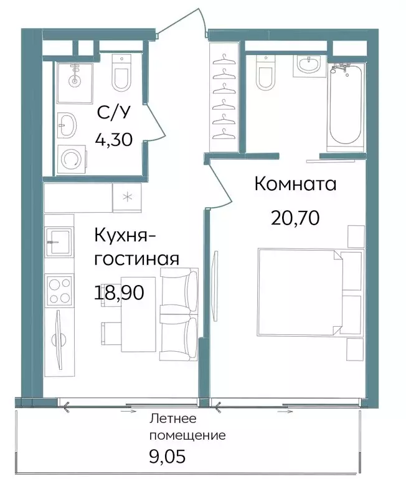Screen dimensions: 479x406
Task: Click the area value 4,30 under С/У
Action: pos(113,138)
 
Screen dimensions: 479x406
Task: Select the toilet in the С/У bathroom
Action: pos(121,72)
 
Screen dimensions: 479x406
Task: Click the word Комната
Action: pos(296,184)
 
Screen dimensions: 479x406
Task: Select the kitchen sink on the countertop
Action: pos(60,241)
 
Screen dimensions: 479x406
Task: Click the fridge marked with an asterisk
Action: pos(128,198)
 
